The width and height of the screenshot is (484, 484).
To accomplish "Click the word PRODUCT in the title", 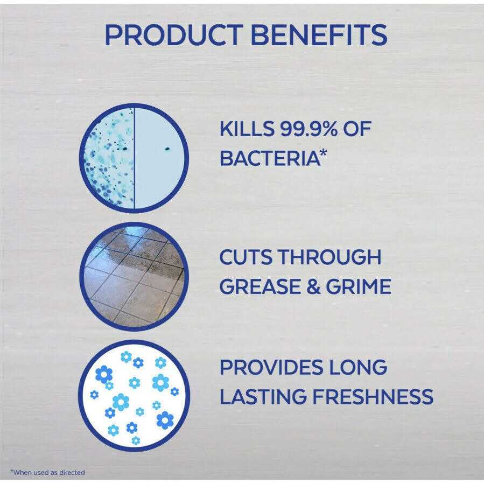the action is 174,35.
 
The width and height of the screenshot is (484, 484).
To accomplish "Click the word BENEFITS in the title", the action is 319,35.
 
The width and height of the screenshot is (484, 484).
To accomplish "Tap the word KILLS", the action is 247,129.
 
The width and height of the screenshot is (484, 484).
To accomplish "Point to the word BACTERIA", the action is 269,159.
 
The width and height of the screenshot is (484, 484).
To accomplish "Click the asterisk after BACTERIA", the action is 322,154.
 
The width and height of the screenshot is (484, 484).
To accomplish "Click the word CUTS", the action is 245,257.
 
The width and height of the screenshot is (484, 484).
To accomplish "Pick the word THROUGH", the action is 329,257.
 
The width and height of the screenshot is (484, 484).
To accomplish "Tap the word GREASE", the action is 260,286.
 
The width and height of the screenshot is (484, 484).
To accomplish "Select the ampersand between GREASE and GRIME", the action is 313,286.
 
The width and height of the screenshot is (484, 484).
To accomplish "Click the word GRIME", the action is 359,286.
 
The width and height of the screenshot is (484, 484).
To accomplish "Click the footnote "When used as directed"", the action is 47,472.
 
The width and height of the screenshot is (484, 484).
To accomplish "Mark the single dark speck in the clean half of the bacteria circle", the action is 167,149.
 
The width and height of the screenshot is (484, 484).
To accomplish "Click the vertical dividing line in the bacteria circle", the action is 134,158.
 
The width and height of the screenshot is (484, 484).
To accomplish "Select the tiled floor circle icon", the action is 134,276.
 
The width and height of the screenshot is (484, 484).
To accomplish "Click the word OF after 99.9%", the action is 357,129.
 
